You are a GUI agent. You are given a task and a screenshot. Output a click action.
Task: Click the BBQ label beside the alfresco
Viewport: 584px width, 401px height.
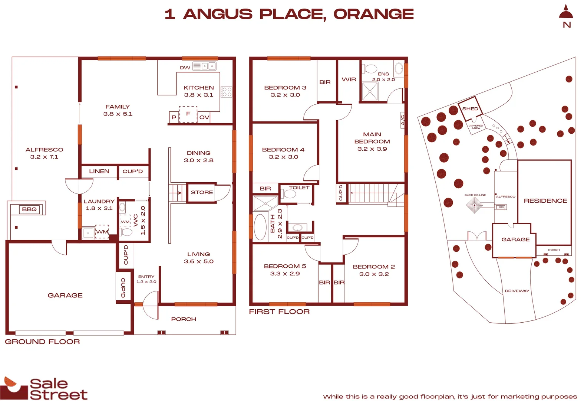coord(29,209)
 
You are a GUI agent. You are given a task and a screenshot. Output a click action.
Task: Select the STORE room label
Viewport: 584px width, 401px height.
coord(202,192)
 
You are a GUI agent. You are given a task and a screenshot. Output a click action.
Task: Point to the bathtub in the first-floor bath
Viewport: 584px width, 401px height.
coord(260,227)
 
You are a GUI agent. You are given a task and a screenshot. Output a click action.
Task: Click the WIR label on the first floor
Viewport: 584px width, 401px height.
coord(349,79)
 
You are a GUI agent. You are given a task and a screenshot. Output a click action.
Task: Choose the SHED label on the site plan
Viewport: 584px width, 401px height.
coord(470,109)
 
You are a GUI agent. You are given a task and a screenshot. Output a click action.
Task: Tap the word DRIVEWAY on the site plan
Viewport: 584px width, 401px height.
coord(517,291)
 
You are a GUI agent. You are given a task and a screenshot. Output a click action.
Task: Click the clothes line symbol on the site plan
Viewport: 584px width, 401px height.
coord(474,205)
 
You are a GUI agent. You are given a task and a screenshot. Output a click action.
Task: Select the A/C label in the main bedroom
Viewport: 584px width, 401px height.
coord(403,120)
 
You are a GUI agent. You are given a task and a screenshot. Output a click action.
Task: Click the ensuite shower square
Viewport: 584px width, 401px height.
coord(370,91)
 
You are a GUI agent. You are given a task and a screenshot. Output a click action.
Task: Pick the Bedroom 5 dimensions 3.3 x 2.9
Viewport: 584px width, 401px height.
coord(285,274)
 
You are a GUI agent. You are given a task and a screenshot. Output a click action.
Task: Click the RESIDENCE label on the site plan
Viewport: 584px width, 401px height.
coord(545,201)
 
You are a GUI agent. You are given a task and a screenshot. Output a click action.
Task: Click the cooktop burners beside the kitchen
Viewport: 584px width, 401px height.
coord(227,92)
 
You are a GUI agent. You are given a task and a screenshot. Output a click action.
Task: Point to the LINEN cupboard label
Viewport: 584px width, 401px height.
coord(99,171)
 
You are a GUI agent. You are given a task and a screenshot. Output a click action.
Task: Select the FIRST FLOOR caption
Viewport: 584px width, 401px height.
coord(279,312)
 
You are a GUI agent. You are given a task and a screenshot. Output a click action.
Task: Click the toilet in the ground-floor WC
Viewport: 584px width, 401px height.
coord(126,232)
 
